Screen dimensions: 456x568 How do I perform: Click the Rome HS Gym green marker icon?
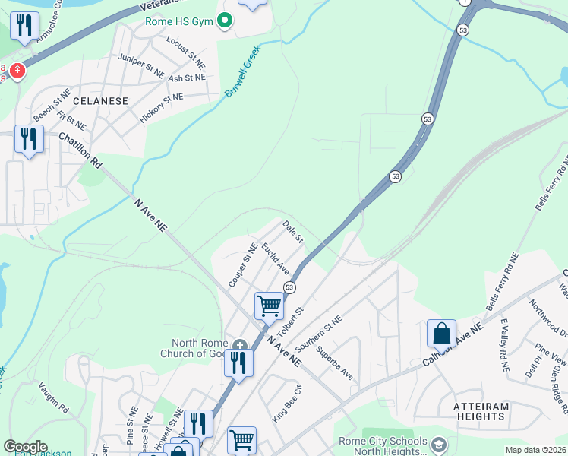(x=224, y=21)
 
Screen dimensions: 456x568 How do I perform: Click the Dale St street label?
(x=293, y=232)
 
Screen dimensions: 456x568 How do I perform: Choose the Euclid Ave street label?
(x=276, y=258)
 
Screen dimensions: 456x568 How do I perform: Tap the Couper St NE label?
(x=243, y=265)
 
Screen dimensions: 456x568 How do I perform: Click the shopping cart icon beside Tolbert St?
(x=269, y=306)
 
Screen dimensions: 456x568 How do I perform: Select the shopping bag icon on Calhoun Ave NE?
(x=441, y=333)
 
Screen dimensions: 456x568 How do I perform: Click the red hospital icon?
(x=16, y=71)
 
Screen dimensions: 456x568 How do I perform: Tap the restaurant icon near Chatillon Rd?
(x=29, y=139)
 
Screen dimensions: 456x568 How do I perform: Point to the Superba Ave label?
(x=335, y=363)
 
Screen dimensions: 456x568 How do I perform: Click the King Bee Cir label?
(x=287, y=404)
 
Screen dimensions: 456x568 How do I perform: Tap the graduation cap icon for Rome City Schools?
(x=438, y=444)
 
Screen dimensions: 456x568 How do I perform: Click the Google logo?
(x=25, y=447)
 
